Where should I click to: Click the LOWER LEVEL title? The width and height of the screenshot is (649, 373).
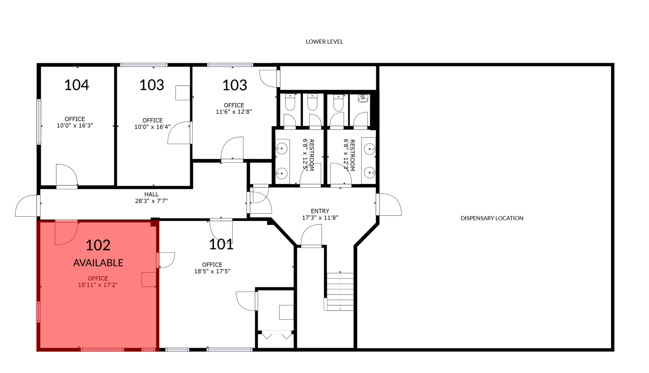click(324, 42)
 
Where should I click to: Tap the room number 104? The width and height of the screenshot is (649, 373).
click(77, 85)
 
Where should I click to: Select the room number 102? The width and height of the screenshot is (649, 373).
click(98, 245)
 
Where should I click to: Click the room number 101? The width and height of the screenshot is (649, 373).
click(221, 244)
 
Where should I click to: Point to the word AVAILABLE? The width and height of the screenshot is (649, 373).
click(98, 263)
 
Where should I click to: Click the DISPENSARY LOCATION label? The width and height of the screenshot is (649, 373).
click(492, 218)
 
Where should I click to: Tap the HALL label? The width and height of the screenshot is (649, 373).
click(151, 194)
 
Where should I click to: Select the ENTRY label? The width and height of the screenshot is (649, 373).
click(320, 211)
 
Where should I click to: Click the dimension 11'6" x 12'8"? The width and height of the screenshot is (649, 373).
click(234, 112)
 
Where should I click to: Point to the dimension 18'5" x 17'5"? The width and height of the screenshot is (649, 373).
click(212, 271)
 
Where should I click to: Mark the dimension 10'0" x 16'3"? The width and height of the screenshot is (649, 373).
click(75, 125)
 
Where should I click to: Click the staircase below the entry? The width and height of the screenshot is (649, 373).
click(340, 292)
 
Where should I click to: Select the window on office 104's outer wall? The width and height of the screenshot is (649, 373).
click(39, 122)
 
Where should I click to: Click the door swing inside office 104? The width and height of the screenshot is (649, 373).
click(67, 175)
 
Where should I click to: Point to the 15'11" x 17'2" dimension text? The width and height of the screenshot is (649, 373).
click(98, 285)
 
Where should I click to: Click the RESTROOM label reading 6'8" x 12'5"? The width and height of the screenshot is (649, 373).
click(308, 155)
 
